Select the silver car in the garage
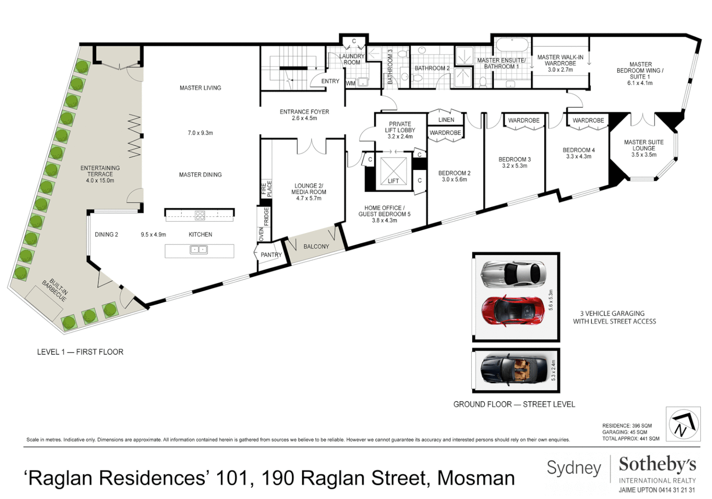click(513, 274)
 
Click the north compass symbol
click(683, 424)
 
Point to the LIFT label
click(393, 181)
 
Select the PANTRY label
click(271, 255)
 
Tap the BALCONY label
click(316, 247)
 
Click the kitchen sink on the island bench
click(199, 250)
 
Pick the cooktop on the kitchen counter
click(200, 215)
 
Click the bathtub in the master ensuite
click(511, 46)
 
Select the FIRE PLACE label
click(267, 189)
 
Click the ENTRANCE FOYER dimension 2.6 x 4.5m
click(304, 118)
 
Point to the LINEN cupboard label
click(446, 120)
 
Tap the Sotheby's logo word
click(657, 464)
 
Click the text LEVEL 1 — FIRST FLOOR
click(80, 352)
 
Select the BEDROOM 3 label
click(514, 159)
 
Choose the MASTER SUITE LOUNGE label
click(643, 145)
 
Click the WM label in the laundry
click(351, 84)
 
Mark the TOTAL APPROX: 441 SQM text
click(630, 438)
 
